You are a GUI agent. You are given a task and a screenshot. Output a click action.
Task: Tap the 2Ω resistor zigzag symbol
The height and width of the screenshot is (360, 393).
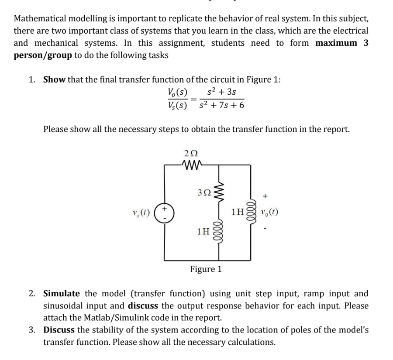[191, 165]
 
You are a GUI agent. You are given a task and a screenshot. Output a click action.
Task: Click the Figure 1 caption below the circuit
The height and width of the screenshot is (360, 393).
[206, 269]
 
